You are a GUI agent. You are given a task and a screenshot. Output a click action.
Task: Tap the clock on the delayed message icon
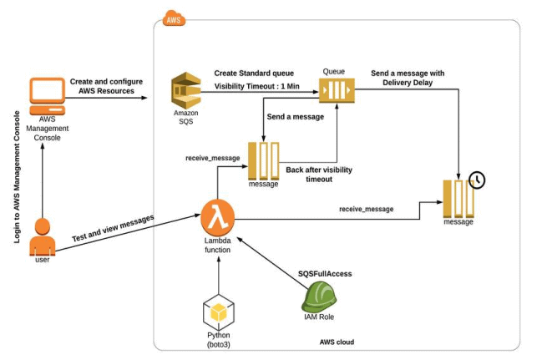477,180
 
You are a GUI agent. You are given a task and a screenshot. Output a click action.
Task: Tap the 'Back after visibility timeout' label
321,174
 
